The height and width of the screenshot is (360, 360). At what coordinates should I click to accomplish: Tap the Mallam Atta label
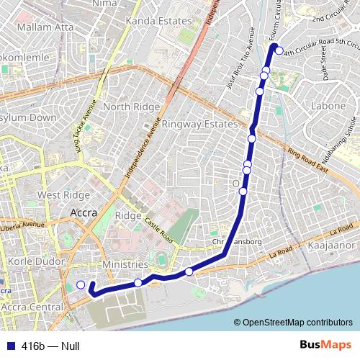[x=45, y=27]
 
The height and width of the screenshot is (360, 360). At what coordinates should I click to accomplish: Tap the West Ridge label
[x=63, y=194]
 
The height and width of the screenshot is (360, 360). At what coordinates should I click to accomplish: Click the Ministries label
[x=125, y=265]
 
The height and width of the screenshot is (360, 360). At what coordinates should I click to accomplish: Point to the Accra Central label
[x=33, y=307]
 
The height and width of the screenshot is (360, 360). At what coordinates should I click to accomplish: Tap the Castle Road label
[x=157, y=230]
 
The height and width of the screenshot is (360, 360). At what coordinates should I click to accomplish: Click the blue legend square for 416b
[x=9, y=346]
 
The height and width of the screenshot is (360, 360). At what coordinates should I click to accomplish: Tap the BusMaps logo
[x=326, y=346]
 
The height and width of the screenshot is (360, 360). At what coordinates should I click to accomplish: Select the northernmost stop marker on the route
[x=279, y=50]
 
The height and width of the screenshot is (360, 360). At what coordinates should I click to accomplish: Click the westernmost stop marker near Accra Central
[x=81, y=285]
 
